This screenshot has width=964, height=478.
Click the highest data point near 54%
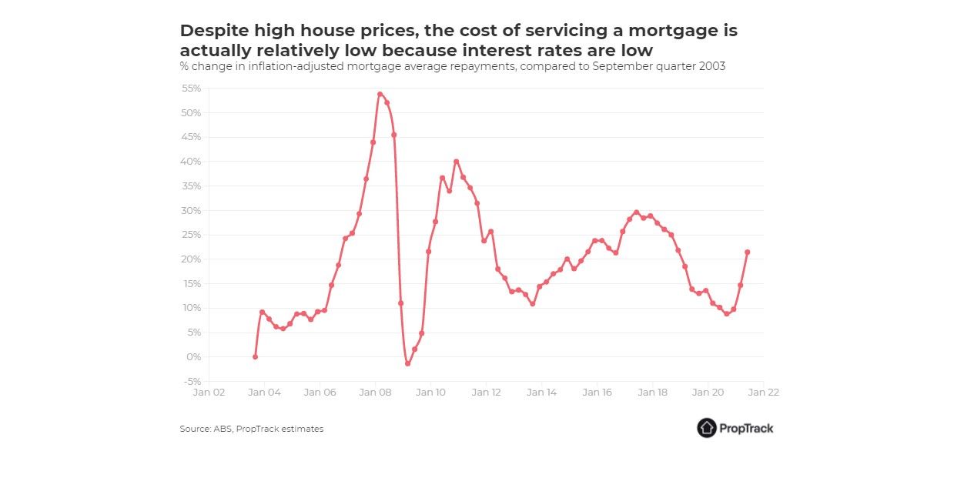click(x=380, y=94)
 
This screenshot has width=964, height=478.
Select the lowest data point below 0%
click(x=407, y=363)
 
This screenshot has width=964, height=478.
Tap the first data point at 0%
click(x=255, y=356)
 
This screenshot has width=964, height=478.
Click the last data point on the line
click(x=747, y=252)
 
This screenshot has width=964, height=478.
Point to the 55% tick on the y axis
click(x=190, y=89)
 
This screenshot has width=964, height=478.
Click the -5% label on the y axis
click(x=191, y=381)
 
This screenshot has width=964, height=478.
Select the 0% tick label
click(x=193, y=356)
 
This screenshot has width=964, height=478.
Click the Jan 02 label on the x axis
click(x=209, y=392)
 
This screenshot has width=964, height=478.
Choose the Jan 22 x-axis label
click(x=763, y=392)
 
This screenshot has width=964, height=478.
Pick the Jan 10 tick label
click(x=430, y=392)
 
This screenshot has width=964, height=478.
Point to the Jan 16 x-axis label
click(x=597, y=392)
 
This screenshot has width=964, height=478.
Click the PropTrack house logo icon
click(x=707, y=428)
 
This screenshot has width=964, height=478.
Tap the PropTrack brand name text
click(x=747, y=428)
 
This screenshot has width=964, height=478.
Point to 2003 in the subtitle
click(x=714, y=66)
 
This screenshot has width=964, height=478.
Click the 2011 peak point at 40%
click(x=456, y=162)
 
